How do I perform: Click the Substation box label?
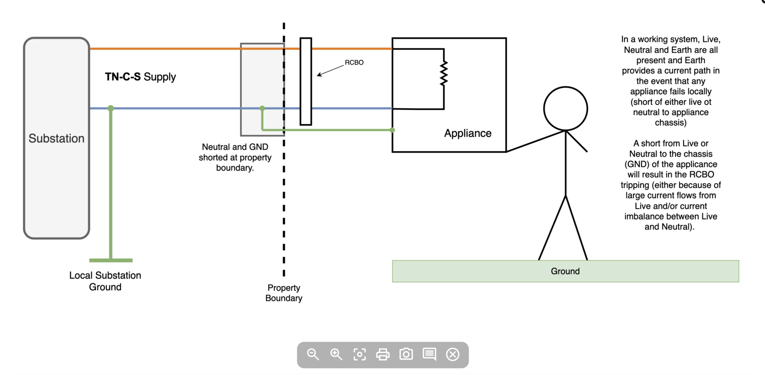(56, 138)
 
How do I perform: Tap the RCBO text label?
(354, 63)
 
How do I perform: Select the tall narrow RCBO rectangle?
(306, 81)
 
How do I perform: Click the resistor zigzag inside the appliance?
(444, 73)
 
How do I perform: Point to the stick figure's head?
(566, 109)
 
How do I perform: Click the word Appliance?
(468, 133)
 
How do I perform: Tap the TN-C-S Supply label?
(141, 77)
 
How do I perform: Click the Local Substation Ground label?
(105, 281)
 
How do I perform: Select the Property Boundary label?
(284, 293)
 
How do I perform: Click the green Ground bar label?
(565, 271)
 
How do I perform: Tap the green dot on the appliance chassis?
(393, 130)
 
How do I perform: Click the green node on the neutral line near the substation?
(111, 109)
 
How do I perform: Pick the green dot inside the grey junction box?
(262, 109)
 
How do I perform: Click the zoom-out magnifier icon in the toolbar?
(313, 354)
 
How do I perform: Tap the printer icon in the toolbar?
(383, 354)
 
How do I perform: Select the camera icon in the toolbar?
(406, 354)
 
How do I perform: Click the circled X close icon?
(453, 354)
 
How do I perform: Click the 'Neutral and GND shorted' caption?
(235, 157)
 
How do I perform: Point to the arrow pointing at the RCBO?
(330, 70)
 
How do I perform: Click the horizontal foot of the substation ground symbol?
(111, 260)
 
